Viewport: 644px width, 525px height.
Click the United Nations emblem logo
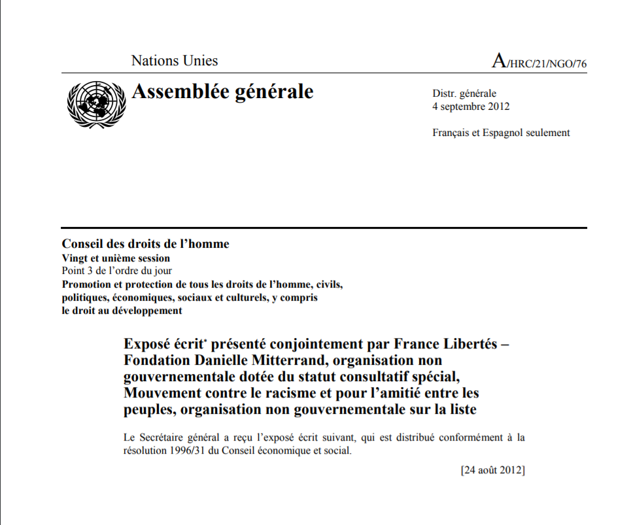[95, 105]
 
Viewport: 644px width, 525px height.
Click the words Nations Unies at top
[175, 61]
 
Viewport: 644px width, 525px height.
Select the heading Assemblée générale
[222, 92]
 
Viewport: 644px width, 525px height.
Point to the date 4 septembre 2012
[471, 107]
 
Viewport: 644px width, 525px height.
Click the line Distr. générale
[464, 93]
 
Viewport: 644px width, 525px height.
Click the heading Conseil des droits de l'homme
[145, 245]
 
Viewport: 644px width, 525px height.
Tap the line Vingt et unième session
[116, 258]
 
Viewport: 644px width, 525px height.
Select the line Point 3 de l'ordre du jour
[117, 271]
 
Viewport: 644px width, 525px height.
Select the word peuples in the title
[147, 411]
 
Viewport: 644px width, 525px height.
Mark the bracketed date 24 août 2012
[492, 470]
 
